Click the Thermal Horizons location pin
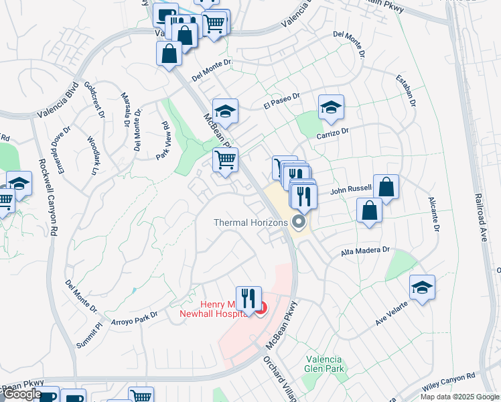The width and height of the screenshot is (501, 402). point(299,222)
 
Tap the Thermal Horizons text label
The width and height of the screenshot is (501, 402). point(250,222)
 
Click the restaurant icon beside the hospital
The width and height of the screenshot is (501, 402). point(248,298)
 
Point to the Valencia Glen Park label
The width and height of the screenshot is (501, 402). point(324,365)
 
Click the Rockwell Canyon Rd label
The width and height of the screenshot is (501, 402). point(48,198)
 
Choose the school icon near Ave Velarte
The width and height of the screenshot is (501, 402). point(422,287)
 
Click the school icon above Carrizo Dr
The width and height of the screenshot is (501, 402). point(331,107)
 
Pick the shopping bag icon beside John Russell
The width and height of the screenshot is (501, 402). point(386,187)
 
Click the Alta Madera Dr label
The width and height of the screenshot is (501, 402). point(365,250)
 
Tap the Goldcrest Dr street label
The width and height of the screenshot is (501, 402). point(94,101)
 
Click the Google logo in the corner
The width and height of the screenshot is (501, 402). point(21,394)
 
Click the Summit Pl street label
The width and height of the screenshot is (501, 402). point(89,330)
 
